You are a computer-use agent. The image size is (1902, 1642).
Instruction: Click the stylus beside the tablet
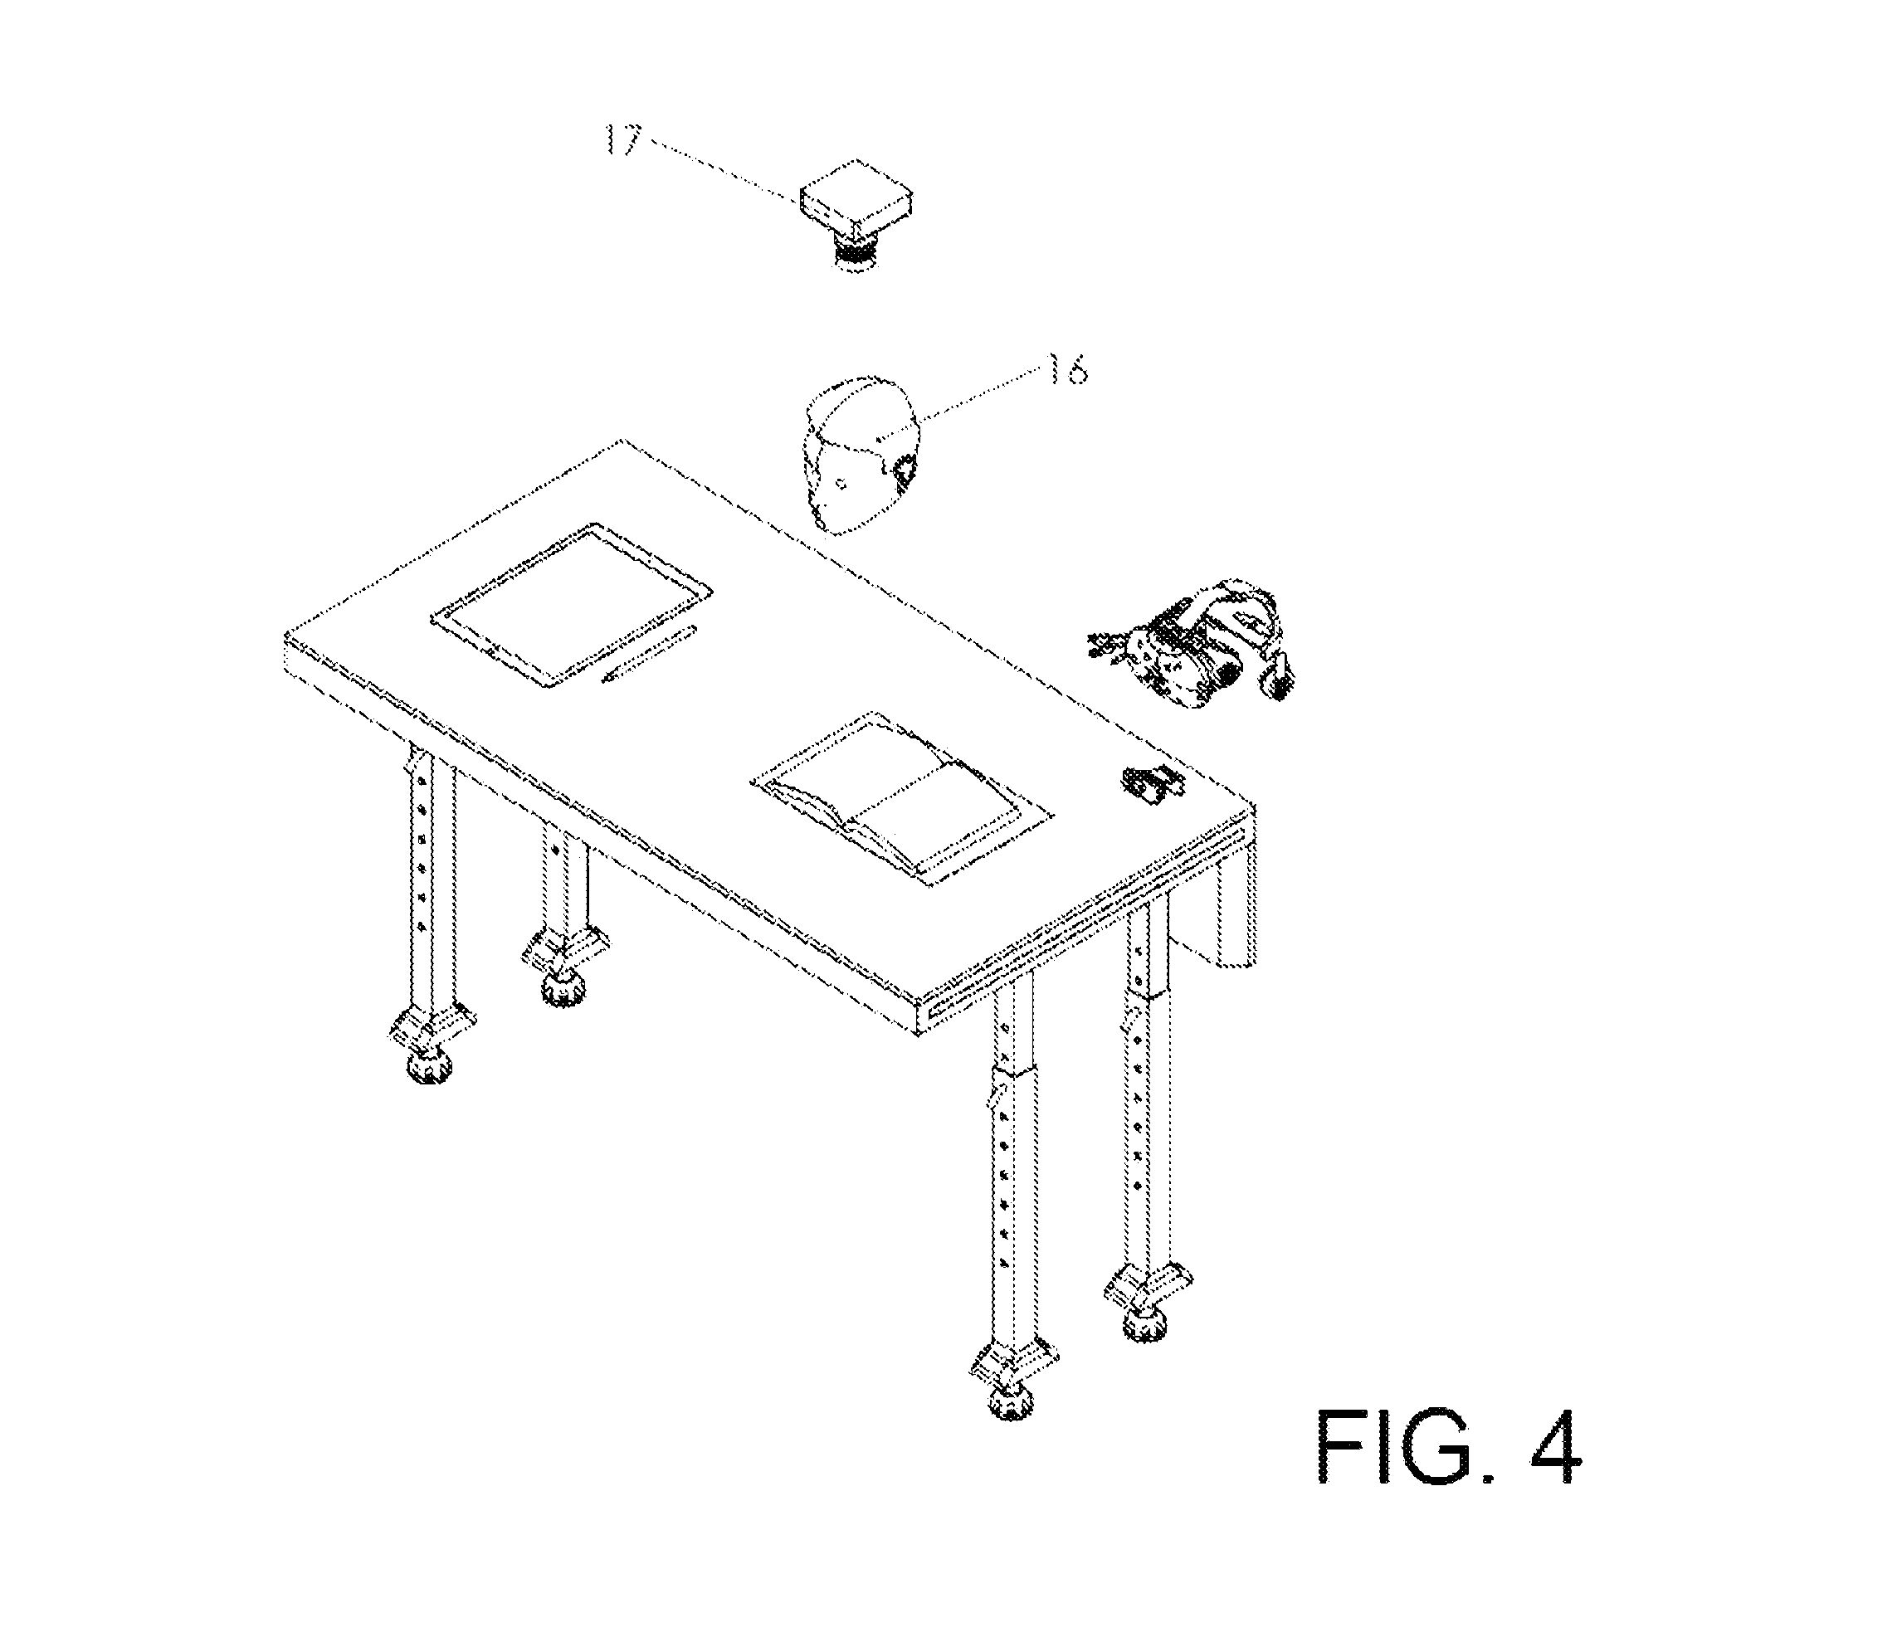(648, 654)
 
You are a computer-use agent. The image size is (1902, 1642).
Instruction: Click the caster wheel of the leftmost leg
(430, 1065)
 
